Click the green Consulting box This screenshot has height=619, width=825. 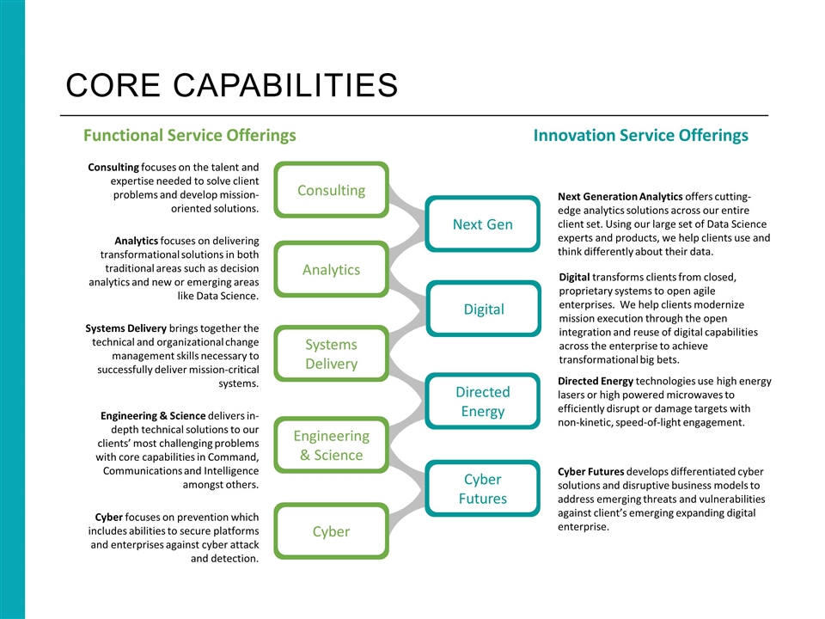coord(331,190)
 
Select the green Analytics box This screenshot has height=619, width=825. coord(331,270)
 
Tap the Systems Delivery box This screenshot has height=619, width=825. coord(331,354)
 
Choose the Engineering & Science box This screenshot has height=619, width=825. coord(331,445)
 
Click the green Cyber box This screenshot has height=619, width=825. coord(331,531)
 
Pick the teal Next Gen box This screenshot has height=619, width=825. coord(482,224)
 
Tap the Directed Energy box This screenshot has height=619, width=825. coord(482,401)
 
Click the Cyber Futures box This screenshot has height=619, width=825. coord(482,488)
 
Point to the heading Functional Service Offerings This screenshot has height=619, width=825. coord(189,135)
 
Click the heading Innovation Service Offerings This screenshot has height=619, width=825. coord(640,135)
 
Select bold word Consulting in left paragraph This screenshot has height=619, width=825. coord(113,166)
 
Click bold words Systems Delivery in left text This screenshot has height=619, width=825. coord(126,328)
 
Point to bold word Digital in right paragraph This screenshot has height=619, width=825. coord(574,277)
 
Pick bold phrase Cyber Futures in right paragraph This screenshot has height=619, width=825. coord(590,471)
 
